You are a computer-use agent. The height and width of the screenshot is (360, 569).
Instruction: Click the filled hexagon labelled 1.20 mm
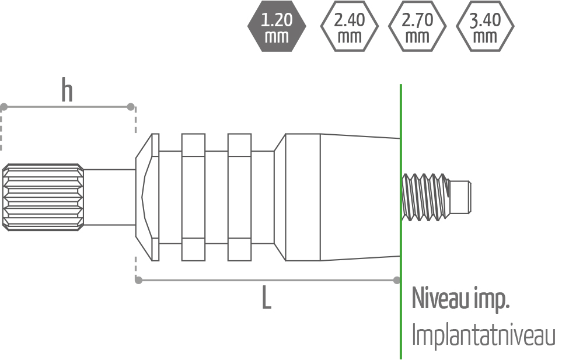(277, 26)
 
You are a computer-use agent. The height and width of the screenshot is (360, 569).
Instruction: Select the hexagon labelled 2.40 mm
(350, 26)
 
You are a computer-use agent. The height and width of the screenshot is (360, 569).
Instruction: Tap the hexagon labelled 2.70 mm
(417, 26)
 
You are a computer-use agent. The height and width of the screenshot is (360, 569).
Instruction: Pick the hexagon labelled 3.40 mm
(485, 26)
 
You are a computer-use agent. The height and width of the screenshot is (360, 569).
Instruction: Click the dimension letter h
(67, 92)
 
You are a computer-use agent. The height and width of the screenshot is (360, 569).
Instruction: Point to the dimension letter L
(266, 299)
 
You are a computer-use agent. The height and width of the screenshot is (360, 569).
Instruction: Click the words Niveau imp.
(460, 298)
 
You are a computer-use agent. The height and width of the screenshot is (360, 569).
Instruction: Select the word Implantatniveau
(483, 335)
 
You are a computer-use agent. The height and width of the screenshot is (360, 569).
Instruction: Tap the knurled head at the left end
(43, 197)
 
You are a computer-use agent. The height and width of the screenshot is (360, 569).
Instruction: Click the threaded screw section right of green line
(426, 197)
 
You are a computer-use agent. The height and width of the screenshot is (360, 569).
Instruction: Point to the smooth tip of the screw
(462, 197)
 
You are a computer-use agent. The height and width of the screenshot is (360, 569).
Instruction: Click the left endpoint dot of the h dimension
(4, 107)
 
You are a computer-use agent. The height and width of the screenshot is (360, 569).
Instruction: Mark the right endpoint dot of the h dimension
(131, 107)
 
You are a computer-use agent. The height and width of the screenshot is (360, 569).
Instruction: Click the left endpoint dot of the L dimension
(138, 280)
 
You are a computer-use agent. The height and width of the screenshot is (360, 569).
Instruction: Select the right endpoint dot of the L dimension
(397, 280)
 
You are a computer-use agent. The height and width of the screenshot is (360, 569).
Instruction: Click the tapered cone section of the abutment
(359, 197)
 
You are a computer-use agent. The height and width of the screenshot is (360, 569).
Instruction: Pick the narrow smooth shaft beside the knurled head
(110, 197)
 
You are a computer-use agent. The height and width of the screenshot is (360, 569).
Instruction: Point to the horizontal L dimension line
(233, 280)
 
